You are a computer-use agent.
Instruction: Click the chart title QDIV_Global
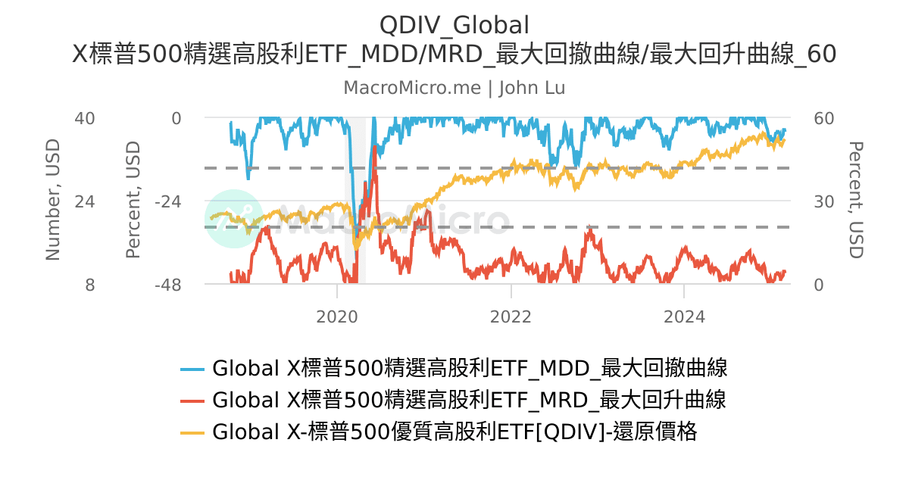click(x=454, y=24)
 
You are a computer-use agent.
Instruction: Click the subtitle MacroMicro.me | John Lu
click(x=454, y=88)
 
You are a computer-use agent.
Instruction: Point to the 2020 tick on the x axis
click(x=337, y=316)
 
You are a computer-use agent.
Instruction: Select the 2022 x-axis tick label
click(x=511, y=316)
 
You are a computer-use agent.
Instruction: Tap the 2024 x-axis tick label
click(x=684, y=316)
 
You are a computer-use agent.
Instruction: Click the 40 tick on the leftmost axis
click(x=85, y=118)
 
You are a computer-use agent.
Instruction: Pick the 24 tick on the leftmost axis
click(x=85, y=201)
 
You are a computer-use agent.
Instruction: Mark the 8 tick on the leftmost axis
click(x=90, y=285)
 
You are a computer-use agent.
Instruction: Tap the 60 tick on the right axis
click(x=823, y=118)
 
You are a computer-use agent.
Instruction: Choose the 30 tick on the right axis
click(x=823, y=201)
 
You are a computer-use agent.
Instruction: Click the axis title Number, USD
click(x=52, y=201)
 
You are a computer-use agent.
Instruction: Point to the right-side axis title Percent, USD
click(x=856, y=201)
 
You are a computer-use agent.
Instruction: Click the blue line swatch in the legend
click(x=192, y=369)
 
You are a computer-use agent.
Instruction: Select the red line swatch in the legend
click(x=192, y=401)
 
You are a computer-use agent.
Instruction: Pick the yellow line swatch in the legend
click(x=192, y=432)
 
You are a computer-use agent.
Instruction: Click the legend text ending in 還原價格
click(x=454, y=432)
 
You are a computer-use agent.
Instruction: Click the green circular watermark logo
click(x=234, y=219)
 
